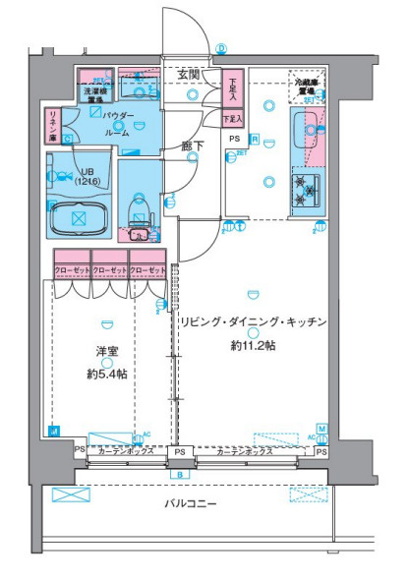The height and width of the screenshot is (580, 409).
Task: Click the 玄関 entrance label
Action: (x=189, y=74)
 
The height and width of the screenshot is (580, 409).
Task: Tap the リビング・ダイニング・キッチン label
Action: (x=253, y=322)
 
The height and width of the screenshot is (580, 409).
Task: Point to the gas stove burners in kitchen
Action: (x=305, y=190)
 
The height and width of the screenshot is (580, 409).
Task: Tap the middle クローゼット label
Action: (x=110, y=269)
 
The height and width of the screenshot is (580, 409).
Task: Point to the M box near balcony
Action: (x=321, y=429)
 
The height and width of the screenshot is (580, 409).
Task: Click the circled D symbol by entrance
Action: (x=221, y=47)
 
